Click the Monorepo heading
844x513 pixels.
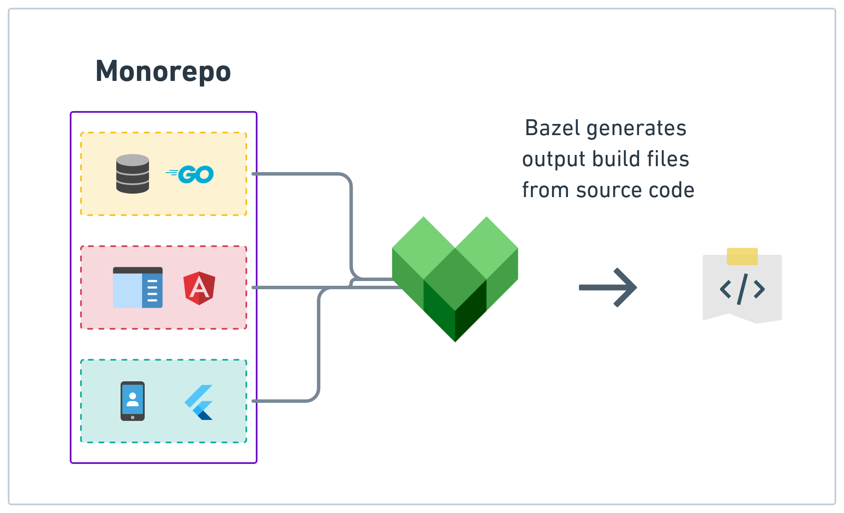click(x=163, y=71)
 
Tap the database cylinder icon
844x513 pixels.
click(x=133, y=174)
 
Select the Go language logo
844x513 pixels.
click(x=191, y=174)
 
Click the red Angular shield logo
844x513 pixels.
click(x=199, y=288)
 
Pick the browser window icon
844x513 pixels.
click(x=138, y=287)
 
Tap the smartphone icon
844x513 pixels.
click(x=133, y=401)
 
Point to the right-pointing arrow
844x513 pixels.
click(x=608, y=287)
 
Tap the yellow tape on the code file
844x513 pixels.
click(x=742, y=256)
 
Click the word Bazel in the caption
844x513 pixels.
click(x=552, y=128)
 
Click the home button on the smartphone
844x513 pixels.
click(x=133, y=417)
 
